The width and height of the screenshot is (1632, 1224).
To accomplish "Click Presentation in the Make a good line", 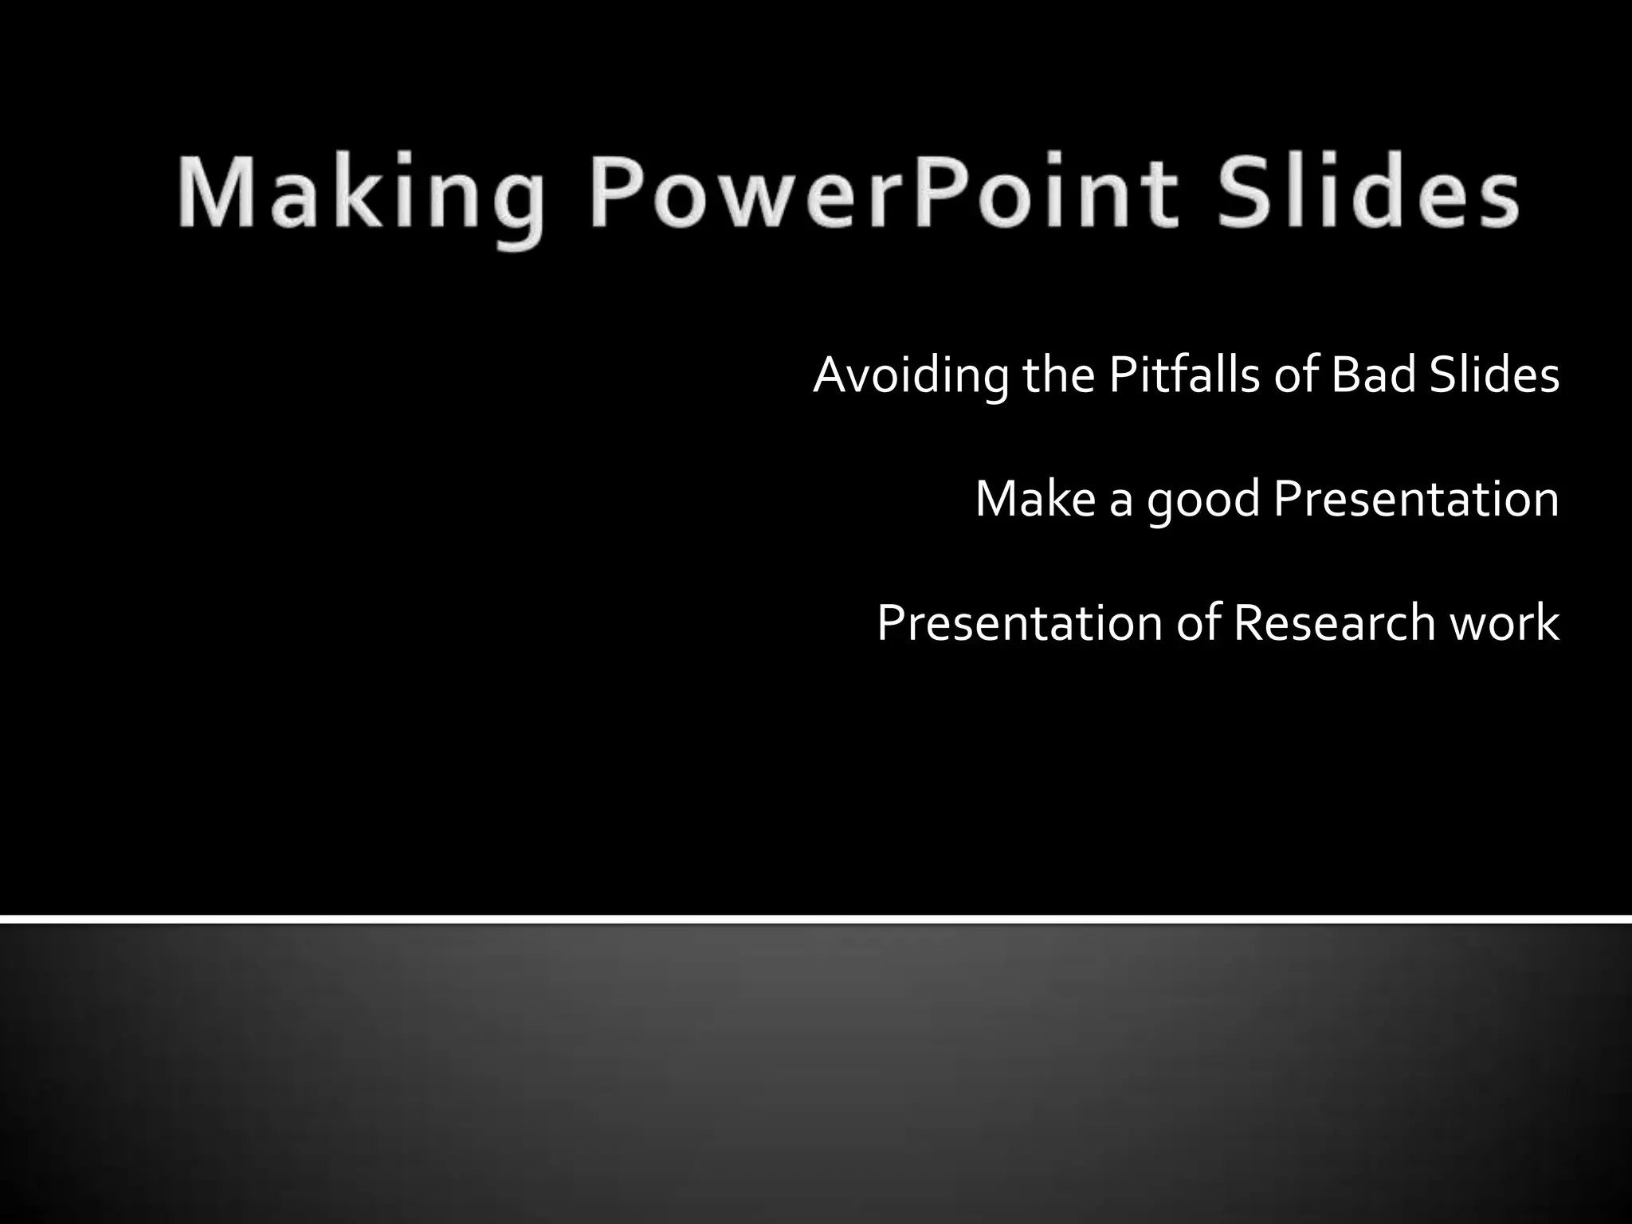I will [1416, 500].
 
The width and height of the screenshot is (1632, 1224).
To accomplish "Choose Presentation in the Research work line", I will [1019, 623].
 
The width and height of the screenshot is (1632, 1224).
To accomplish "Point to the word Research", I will [1335, 623].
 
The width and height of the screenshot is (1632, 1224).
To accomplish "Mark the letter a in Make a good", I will [1120, 504].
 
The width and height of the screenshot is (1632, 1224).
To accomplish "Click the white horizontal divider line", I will [816, 920].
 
